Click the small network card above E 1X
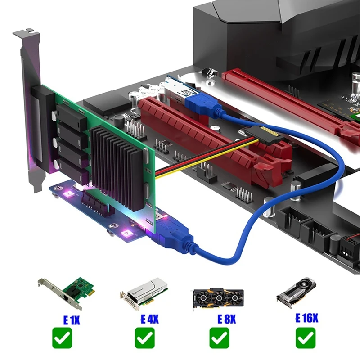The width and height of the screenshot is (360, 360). (64, 292)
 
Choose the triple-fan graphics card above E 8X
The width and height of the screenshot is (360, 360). (218, 297)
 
